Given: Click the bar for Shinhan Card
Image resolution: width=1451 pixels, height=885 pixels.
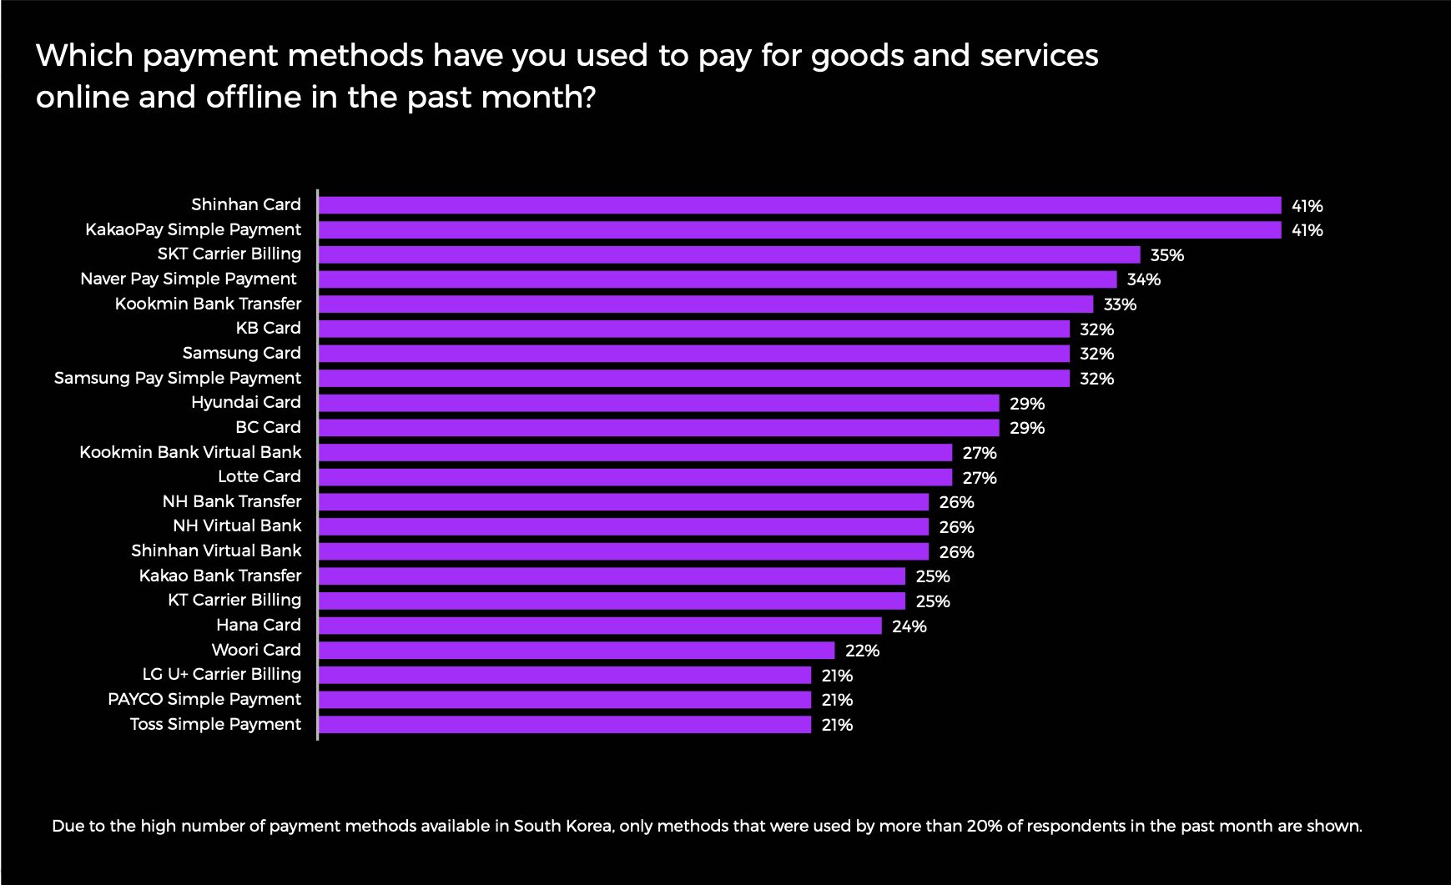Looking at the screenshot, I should [799, 205].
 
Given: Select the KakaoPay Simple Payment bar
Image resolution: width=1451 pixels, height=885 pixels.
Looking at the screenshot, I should [799, 229].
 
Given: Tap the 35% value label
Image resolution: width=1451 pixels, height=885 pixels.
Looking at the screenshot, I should [1166, 255].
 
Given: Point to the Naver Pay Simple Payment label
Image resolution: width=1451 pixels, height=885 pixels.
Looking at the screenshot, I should [188, 279].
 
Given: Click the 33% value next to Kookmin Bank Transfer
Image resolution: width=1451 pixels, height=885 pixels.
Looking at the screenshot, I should [1120, 304].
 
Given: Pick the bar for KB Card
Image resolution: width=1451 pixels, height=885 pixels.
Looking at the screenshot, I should [693, 329].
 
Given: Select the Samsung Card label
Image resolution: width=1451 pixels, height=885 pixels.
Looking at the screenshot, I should [241, 353].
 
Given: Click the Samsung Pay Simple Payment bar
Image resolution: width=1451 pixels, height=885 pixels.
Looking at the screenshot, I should [693, 378].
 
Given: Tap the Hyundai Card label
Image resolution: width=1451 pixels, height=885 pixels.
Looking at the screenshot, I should [245, 402].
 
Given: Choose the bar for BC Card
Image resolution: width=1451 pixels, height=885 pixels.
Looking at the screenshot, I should [658, 428].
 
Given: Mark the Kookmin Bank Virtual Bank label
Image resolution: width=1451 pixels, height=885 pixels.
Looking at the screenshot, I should [190, 452].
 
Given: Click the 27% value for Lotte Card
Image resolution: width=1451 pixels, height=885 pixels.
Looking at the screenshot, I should [980, 478].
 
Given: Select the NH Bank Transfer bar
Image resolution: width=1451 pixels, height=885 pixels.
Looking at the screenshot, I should [623, 501].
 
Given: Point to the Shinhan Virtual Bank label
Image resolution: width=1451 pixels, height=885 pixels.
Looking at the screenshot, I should [216, 551].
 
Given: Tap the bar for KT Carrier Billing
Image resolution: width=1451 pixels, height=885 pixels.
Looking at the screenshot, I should [612, 601].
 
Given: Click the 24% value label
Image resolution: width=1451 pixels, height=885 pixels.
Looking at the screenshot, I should [909, 626].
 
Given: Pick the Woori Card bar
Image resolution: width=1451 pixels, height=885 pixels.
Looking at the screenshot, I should [576, 650].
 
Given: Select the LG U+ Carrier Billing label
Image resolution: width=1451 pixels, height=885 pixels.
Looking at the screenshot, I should [221, 674].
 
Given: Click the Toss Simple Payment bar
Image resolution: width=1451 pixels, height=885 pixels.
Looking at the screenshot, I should [564, 724].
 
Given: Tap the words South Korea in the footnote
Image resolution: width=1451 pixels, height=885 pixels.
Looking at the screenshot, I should [563, 827].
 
